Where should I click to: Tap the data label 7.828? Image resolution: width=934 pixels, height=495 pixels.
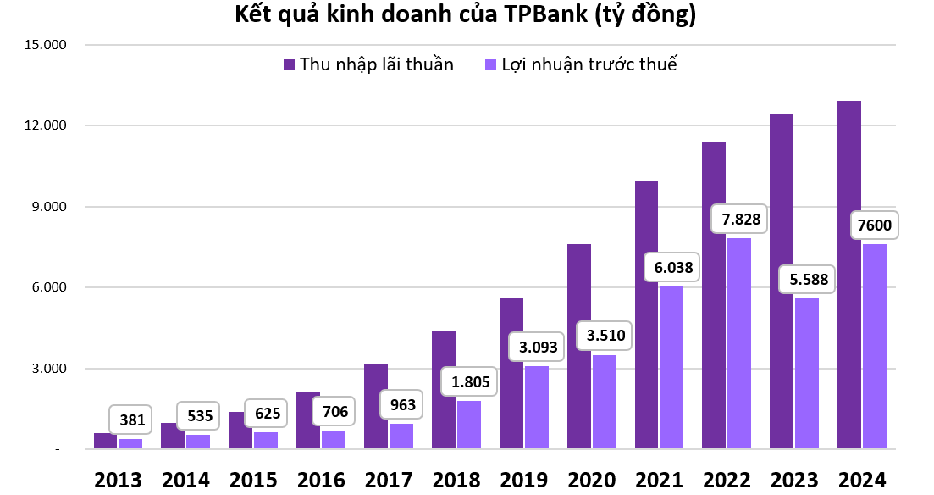pos(741,220)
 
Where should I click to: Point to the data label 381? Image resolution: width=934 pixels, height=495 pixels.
pos(133,419)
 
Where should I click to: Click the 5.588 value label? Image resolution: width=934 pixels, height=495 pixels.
pos(808,279)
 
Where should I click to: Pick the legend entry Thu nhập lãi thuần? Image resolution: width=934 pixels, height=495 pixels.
pos(369,64)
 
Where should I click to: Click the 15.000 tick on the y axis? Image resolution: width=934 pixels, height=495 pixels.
pos(47,45)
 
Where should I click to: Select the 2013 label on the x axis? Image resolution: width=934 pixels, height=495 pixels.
pos(118,480)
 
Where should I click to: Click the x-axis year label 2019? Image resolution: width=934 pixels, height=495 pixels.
pos(523,480)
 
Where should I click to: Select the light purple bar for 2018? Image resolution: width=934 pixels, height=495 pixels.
pos(468,425)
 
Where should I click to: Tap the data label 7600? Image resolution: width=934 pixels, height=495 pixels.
pos(875,226)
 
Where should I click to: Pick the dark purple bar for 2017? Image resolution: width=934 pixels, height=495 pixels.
pos(376,406)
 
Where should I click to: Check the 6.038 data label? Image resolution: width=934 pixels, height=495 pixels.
pos(672,267)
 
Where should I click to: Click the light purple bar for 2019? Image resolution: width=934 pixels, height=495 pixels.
pos(536,407)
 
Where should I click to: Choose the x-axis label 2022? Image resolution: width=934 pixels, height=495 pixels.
pos(726,480)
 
